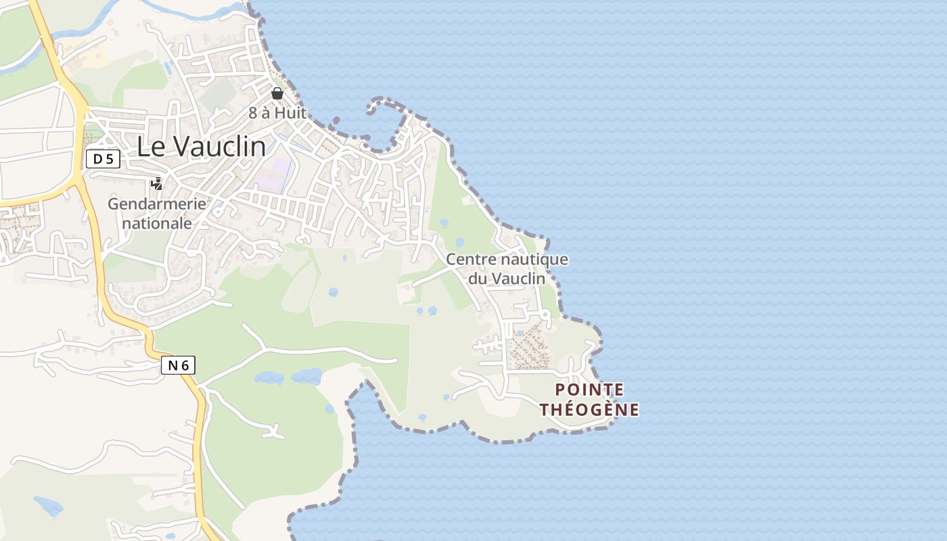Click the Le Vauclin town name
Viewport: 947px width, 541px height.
coord(201,147)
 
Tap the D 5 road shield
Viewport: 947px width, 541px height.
coord(103,159)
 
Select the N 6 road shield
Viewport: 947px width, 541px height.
coord(179,366)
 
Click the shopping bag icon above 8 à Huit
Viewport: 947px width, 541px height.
coord(277,93)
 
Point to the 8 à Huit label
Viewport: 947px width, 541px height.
coord(277,113)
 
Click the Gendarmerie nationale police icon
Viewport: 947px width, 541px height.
coord(157,183)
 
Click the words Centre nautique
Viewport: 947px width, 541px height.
coord(507,260)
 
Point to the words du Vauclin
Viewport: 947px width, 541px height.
coord(507,278)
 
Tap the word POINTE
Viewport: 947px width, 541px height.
coord(589,390)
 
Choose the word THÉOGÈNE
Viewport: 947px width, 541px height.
coord(589,410)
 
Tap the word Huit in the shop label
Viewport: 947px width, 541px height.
coord(291,113)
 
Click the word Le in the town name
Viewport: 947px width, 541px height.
coord(150,147)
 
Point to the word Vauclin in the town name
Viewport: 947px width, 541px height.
coord(218,147)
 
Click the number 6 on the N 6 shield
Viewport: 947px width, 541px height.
coord(185,366)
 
